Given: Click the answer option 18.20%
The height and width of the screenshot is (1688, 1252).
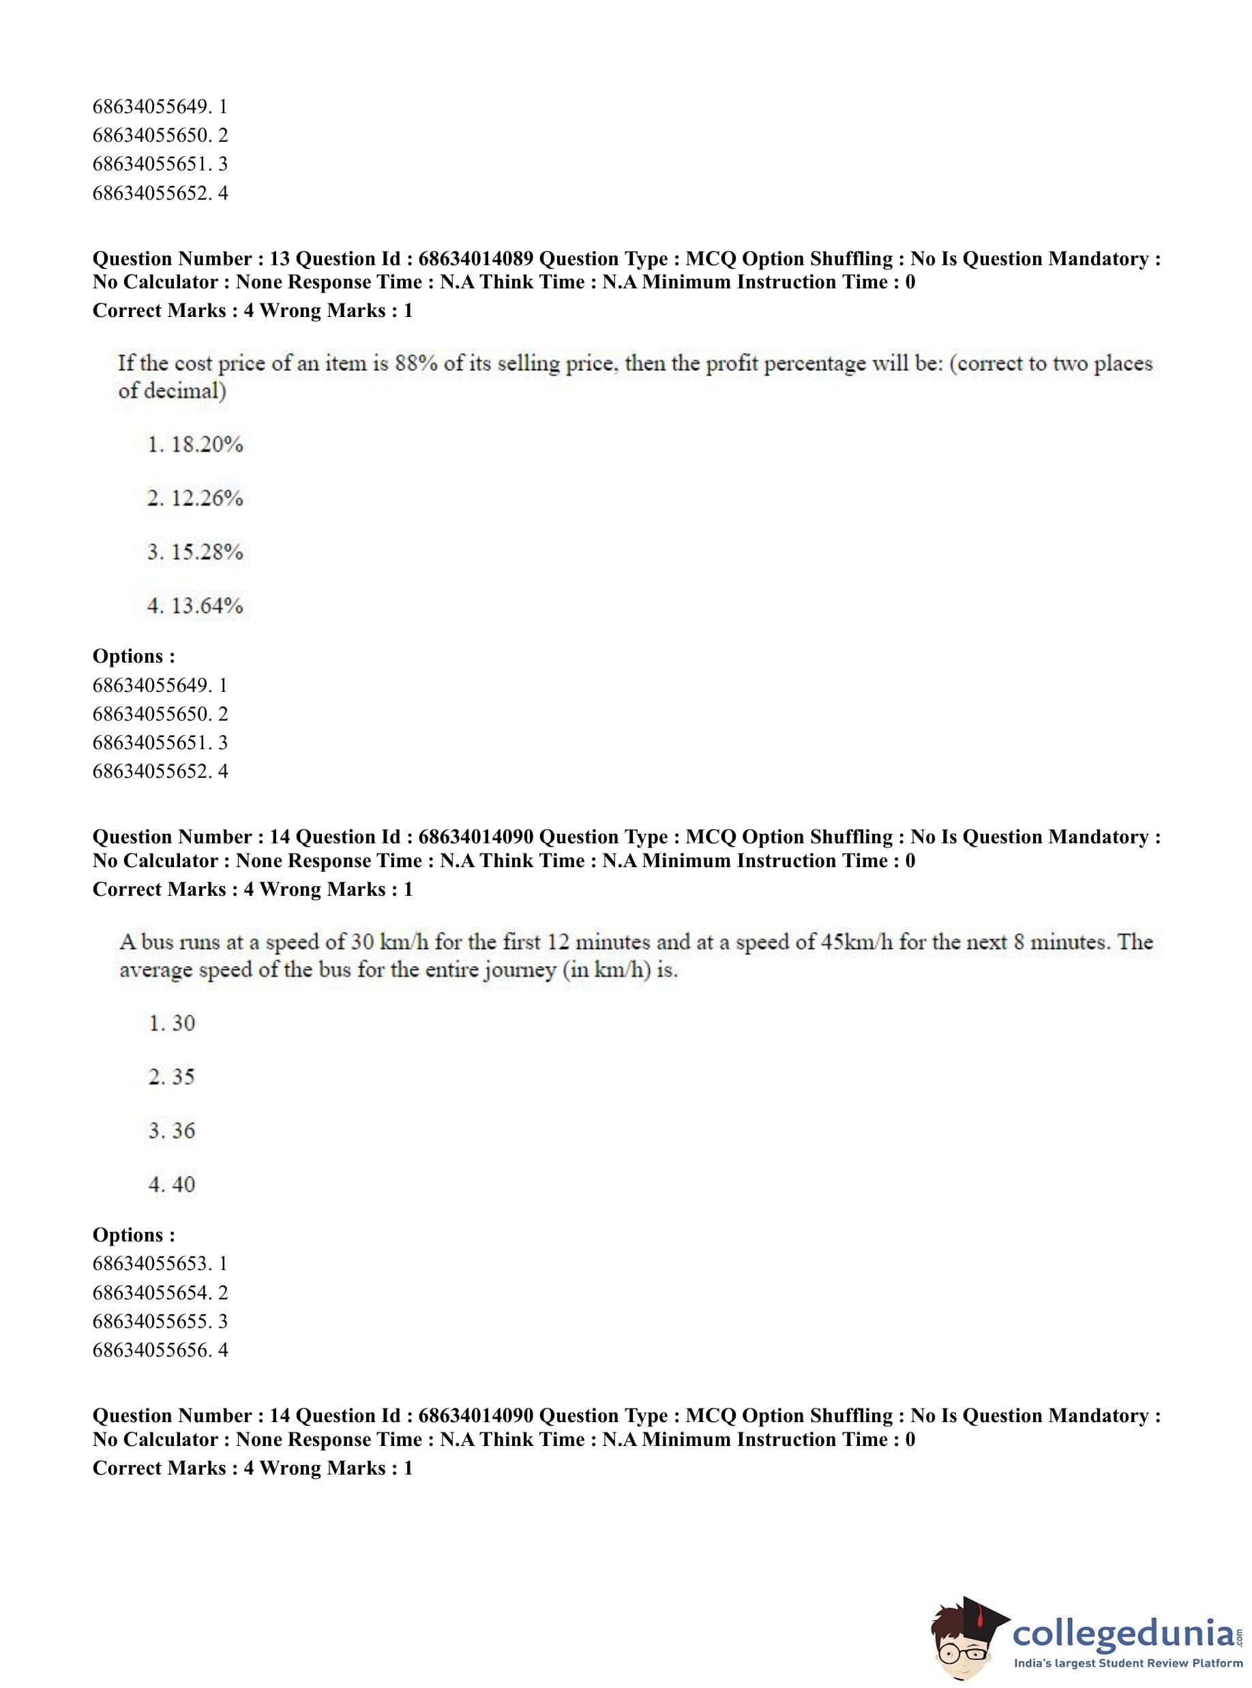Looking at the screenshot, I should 195,444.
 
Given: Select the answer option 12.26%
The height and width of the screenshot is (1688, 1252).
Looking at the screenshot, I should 195,498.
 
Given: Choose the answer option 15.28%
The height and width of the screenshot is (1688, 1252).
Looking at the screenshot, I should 195,552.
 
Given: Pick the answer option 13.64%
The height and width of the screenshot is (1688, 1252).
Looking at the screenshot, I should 195,606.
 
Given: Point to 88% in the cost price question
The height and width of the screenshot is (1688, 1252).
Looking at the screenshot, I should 415,363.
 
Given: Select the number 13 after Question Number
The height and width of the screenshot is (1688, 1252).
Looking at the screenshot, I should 280,259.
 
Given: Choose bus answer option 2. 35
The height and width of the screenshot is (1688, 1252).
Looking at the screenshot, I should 172,1076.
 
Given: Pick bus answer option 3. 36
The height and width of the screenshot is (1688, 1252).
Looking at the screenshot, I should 172,1130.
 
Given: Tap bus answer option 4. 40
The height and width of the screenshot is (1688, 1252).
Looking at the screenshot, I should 172,1184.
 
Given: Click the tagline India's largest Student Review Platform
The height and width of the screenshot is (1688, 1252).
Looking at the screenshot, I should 1128,1663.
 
